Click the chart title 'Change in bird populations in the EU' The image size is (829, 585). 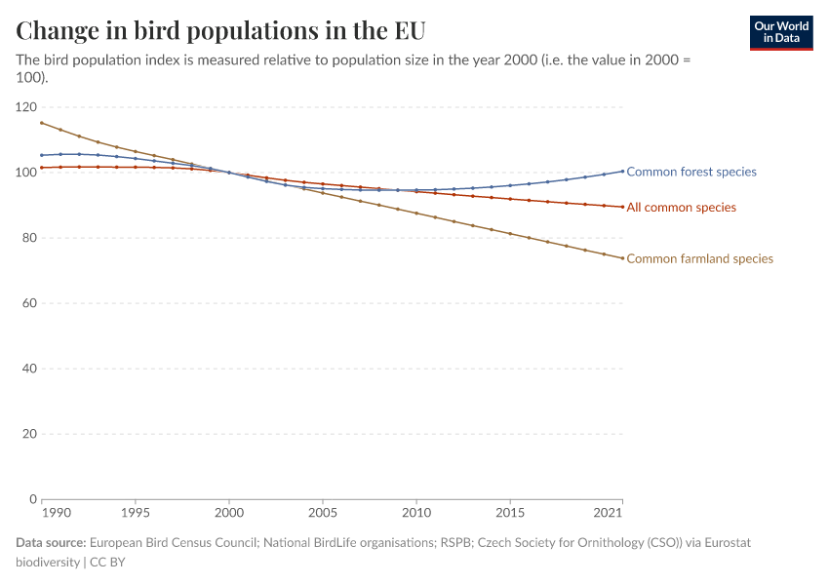pyautogui.click(x=220, y=30)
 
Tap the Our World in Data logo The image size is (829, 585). pyautogui.click(x=780, y=32)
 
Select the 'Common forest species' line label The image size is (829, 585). pyautogui.click(x=691, y=172)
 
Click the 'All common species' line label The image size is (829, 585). pyautogui.click(x=681, y=208)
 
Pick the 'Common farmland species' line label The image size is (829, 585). pyautogui.click(x=699, y=259)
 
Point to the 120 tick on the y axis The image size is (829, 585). pyautogui.click(x=25, y=107)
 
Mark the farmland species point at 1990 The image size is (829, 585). pyautogui.click(x=41, y=123)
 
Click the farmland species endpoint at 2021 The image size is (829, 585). pyautogui.click(x=622, y=258)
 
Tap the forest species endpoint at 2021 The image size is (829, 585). pyautogui.click(x=622, y=172)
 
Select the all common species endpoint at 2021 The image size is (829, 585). pyautogui.click(x=622, y=207)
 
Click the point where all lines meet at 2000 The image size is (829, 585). pyautogui.click(x=229, y=173)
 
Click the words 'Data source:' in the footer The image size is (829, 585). pyautogui.click(x=51, y=542)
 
